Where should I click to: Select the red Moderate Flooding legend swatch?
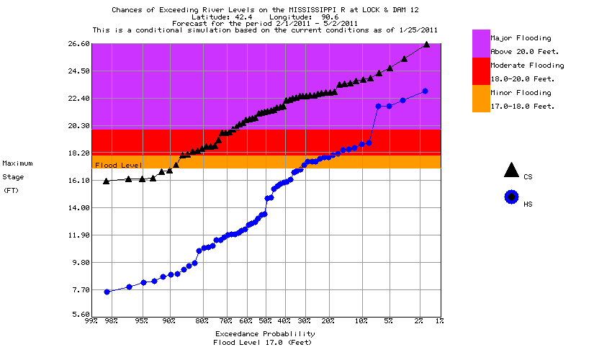click(x=480, y=71)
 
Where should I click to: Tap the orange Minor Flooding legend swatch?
click(x=480, y=99)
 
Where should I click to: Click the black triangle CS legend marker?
click(x=511, y=171)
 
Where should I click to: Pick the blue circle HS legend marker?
click(x=511, y=197)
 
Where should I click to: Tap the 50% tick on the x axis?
click(x=265, y=321)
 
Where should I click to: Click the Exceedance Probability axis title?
click(x=264, y=334)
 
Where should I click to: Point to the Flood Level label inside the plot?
click(x=119, y=166)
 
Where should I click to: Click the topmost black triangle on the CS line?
click(x=426, y=44)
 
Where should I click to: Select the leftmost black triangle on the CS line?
click(x=107, y=181)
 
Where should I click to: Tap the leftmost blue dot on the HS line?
click(x=107, y=292)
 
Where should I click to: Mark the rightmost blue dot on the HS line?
click(x=425, y=91)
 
